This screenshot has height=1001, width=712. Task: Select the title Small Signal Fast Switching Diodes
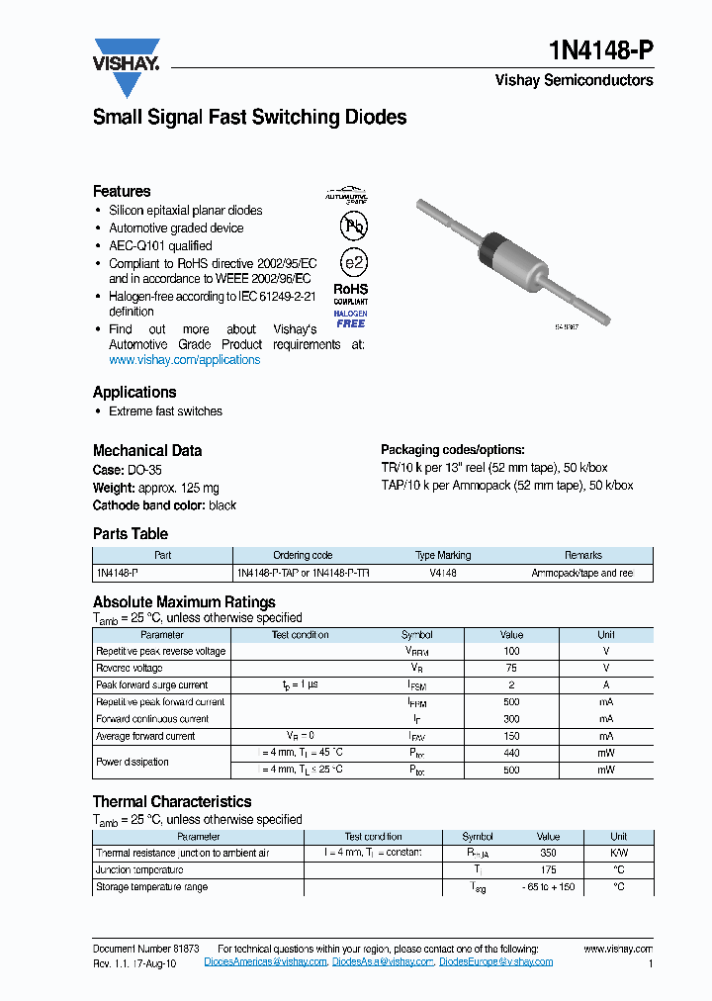[x=249, y=118]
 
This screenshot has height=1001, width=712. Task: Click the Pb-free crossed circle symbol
[x=352, y=227]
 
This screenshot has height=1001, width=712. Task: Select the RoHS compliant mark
[x=351, y=294]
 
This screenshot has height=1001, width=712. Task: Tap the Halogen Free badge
[x=350, y=318]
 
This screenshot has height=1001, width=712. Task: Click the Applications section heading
[x=134, y=392]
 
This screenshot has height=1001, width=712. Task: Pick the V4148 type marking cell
[x=443, y=573]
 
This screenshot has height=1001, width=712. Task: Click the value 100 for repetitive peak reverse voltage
[x=511, y=652]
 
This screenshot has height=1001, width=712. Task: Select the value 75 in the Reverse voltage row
[x=511, y=669]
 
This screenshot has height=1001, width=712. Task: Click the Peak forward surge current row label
[x=152, y=685]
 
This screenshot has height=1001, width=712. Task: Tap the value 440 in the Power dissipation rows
[x=511, y=753]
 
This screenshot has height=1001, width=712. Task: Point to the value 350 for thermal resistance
[x=547, y=853]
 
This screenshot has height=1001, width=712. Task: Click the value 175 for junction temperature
[x=547, y=870]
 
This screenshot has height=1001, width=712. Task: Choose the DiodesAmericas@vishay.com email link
[x=265, y=962]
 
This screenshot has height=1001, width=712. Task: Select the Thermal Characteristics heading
[x=172, y=802]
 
